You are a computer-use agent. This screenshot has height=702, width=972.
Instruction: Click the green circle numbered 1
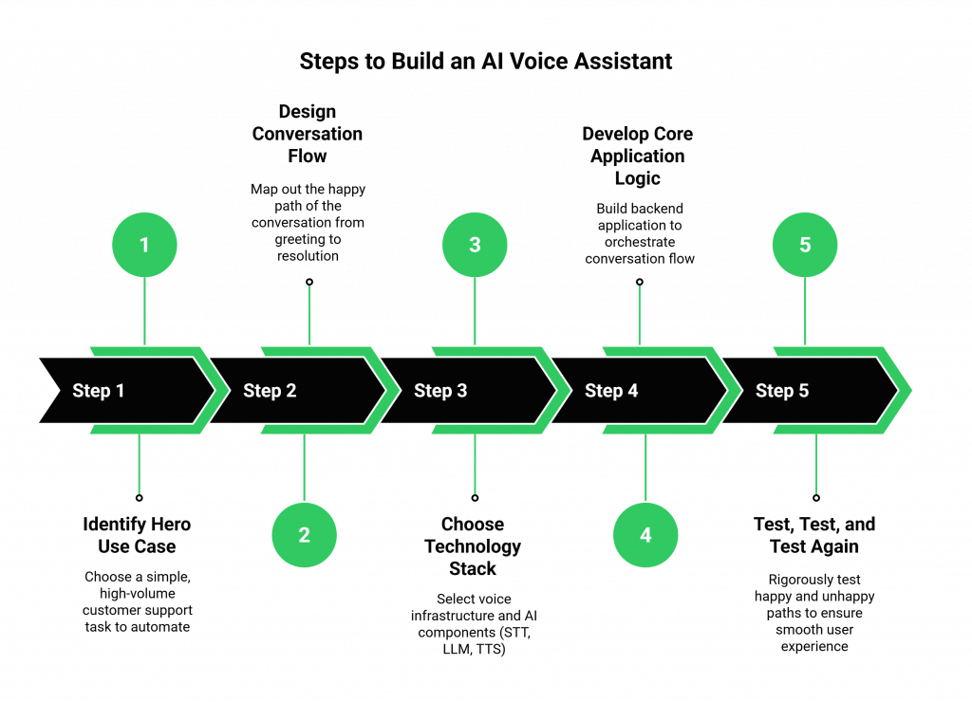point(144,245)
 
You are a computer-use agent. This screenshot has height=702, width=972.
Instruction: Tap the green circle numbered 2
point(304,535)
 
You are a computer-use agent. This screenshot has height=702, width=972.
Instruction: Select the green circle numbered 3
point(475,245)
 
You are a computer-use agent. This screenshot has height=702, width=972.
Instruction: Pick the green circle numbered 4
point(645,535)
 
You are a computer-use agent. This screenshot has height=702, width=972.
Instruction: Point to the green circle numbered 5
point(805,245)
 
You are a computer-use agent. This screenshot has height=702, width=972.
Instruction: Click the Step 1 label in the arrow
point(99,391)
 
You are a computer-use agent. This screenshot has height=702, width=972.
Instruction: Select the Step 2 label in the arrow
point(270,391)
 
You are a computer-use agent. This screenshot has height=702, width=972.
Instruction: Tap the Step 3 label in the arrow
point(440,391)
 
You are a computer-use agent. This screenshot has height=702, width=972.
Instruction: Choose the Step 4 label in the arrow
point(611,391)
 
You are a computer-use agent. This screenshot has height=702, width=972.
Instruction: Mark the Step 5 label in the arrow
point(782,391)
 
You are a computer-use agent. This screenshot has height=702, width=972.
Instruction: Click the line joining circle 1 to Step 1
point(144,311)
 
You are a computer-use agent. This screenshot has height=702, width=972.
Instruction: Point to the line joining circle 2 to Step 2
point(304,467)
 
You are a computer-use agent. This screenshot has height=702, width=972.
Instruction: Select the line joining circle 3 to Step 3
point(475,311)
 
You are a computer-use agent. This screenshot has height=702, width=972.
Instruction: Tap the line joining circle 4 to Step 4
point(645,467)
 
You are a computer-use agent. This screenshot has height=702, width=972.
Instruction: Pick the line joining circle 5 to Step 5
point(805,311)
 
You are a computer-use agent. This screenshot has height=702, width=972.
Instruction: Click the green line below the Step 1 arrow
point(140,465)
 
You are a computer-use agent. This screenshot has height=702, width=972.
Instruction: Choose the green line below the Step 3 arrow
point(475,465)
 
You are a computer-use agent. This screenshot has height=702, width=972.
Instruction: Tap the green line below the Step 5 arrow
point(816,465)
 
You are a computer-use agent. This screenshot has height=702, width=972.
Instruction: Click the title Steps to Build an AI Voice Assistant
point(486,62)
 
